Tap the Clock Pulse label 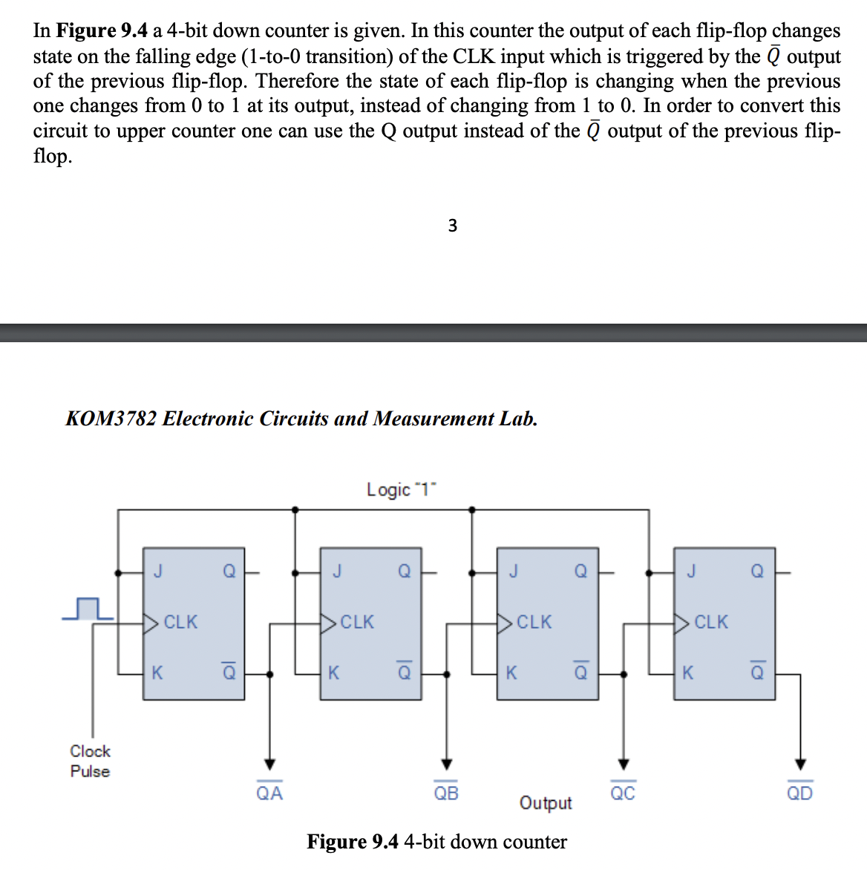(x=90, y=761)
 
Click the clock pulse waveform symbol (x=88, y=608)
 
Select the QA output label (x=269, y=793)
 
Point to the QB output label (x=446, y=793)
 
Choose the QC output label (x=623, y=793)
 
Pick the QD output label (x=799, y=793)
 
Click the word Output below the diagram (x=546, y=803)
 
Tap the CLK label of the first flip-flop (x=180, y=622)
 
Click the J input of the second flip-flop (x=337, y=571)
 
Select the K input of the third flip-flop (x=511, y=673)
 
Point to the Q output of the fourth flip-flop (x=757, y=571)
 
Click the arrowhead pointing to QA (x=269, y=764)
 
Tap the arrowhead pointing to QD (x=799, y=764)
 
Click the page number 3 (x=453, y=226)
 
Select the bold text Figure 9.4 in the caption (x=353, y=842)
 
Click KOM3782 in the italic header (x=111, y=419)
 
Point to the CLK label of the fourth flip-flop (x=711, y=622)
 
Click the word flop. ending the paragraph (x=52, y=157)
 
